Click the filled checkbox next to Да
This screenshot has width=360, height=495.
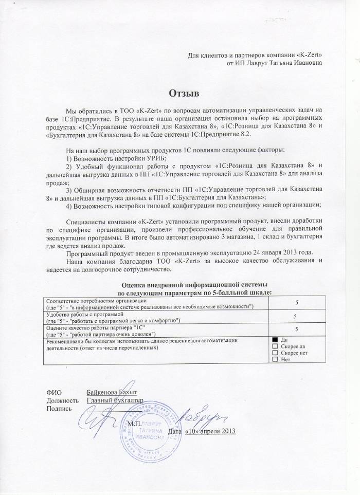click(275, 340)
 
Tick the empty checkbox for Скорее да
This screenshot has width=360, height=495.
click(275, 346)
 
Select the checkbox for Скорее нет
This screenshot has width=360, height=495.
click(275, 353)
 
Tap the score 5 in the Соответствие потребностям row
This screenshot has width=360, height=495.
click(295, 304)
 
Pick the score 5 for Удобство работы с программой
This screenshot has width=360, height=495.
click(295, 316)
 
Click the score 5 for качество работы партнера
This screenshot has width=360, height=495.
click(295, 328)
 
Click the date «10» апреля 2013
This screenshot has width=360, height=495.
click(209, 430)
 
